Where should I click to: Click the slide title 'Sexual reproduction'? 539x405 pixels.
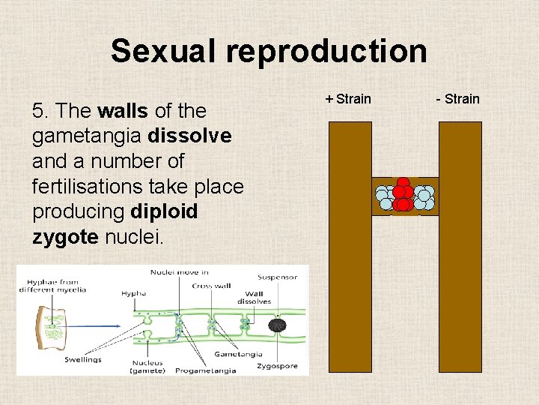pos(269,52)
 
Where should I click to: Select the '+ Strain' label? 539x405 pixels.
pos(348,99)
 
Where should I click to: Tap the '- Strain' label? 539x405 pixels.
pos(456,99)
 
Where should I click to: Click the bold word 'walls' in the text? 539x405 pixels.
pos(124,112)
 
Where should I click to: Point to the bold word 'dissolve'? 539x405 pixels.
pos(190,136)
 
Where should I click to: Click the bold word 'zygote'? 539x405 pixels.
pos(65,237)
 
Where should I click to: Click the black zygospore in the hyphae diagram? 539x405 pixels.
pos(278,325)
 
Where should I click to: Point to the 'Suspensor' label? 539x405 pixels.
pos(277,277)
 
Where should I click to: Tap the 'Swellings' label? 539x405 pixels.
pos(83,359)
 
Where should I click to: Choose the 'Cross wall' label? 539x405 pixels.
pos(212,285)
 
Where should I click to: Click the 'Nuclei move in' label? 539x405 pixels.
pos(179,271)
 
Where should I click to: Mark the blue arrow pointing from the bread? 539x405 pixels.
pos(105,326)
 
